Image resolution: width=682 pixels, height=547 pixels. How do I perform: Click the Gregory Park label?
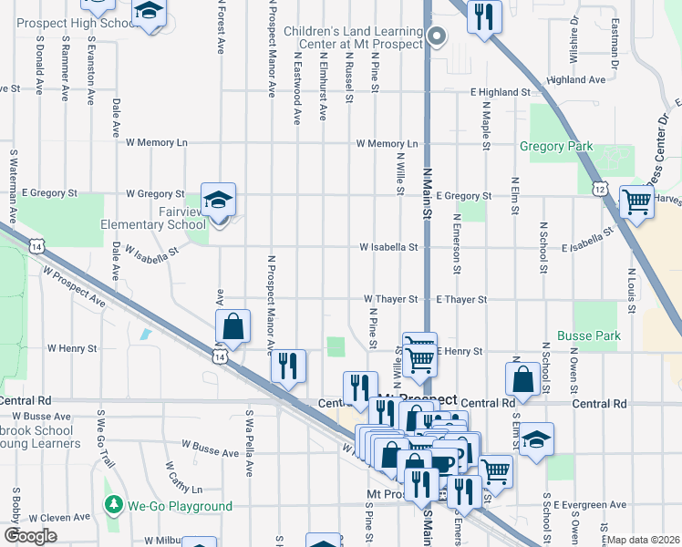click(x=555, y=146)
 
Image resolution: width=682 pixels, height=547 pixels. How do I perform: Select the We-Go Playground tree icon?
click(x=113, y=504)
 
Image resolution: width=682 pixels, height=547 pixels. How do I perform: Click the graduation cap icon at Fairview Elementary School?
click(x=218, y=200)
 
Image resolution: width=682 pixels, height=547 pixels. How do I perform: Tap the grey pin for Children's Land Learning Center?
click(x=437, y=36)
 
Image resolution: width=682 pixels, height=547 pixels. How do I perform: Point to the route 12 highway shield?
click(x=599, y=188)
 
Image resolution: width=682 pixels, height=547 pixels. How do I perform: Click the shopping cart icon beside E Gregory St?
click(x=636, y=201)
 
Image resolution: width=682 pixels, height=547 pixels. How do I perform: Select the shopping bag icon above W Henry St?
click(x=233, y=325)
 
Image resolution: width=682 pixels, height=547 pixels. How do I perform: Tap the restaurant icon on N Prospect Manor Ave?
click(x=288, y=366)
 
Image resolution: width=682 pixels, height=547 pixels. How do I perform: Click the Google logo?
click(x=30, y=536)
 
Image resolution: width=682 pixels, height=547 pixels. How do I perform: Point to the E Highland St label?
click(x=500, y=92)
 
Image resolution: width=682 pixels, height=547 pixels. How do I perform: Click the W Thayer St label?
click(x=390, y=298)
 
